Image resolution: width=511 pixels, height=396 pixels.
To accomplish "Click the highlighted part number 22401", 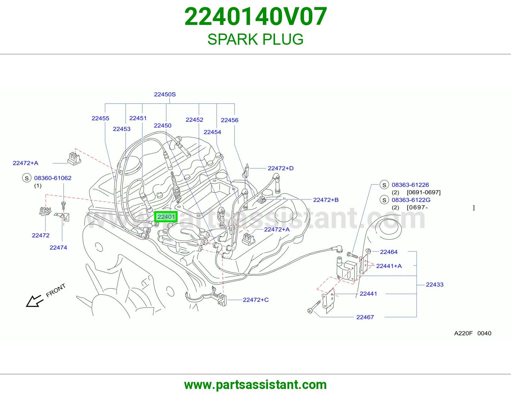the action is (x=166, y=217).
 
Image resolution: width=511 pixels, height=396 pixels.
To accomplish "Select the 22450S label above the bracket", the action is (x=164, y=94).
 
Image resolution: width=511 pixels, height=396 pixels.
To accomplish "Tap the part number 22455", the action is (x=100, y=118).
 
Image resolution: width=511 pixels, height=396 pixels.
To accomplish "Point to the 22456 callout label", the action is (x=230, y=120).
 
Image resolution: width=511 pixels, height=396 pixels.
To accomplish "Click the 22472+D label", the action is (x=280, y=168).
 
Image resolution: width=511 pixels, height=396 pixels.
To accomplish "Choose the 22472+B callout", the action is (x=326, y=200).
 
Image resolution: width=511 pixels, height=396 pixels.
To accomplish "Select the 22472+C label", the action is (x=256, y=300).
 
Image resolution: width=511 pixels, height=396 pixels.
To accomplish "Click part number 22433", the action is (x=435, y=285).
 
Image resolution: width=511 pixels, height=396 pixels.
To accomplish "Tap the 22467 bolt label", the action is (x=365, y=317).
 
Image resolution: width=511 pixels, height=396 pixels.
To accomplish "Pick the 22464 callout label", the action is (x=389, y=252).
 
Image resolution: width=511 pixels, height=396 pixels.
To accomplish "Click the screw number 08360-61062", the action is (x=53, y=178).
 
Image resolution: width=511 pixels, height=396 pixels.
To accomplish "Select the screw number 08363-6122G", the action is (x=411, y=200).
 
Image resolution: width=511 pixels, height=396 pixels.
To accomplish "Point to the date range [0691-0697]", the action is (x=423, y=192).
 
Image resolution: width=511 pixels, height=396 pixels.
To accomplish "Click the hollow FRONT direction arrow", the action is (x=34, y=301).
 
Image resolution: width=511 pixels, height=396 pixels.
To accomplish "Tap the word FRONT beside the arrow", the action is (x=56, y=291).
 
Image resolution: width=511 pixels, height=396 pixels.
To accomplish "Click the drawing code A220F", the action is (x=463, y=333).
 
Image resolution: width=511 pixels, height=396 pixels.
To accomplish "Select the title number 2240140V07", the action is (x=256, y=17).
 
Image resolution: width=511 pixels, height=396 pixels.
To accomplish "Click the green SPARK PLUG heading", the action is (x=256, y=39).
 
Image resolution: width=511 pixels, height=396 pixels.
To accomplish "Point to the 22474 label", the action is (x=58, y=247).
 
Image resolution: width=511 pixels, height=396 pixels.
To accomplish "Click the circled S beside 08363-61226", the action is (x=384, y=185).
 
